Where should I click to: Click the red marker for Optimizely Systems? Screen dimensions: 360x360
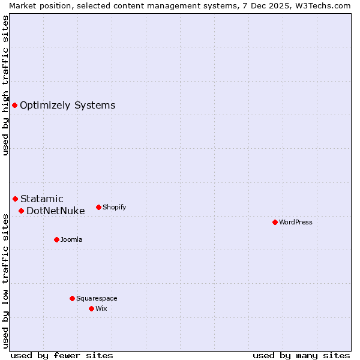[x=14, y=106]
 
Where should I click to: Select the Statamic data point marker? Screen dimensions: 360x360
[x=15, y=199]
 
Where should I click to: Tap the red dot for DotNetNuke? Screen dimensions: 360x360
[x=21, y=211]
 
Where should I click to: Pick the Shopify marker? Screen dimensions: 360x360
[x=98, y=207]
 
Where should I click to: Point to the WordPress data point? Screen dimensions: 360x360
[x=275, y=222]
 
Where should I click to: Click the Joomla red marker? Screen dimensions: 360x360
[x=56, y=239]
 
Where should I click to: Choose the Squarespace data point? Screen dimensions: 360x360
[x=72, y=298]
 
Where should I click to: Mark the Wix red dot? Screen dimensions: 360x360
[x=91, y=308]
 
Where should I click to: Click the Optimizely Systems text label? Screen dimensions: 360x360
[x=67, y=106]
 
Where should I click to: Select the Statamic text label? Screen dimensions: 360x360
[x=41, y=199]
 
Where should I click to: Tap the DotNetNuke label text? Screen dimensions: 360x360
[x=55, y=211]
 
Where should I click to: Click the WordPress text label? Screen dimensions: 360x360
[x=295, y=222]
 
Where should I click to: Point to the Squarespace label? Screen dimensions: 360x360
[x=97, y=298]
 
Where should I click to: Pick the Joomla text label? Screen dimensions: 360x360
[x=71, y=239]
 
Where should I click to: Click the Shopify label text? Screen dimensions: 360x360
[x=114, y=207]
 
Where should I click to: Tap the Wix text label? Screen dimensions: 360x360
[x=101, y=308]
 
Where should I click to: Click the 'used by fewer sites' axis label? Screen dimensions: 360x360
[x=62, y=355]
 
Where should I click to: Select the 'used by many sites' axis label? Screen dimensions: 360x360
[x=301, y=355]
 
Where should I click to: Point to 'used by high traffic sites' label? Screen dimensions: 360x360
[x=5, y=85]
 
